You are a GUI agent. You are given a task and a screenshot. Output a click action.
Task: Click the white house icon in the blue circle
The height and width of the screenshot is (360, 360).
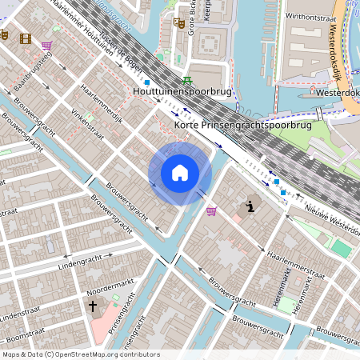coord(180,172)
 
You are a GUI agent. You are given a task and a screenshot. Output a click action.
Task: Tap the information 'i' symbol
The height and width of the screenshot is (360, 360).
coord(251,207)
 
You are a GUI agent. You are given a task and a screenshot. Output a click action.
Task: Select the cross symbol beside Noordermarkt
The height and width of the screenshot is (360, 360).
coord(92,306)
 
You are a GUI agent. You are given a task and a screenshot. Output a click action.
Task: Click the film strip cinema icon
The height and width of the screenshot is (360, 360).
coord(26,38)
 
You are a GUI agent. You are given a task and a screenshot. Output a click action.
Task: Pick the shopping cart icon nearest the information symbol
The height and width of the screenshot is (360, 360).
coord(211,211)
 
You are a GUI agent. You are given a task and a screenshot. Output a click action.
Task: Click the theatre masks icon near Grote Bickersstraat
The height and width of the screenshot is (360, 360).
coord(181,25)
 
